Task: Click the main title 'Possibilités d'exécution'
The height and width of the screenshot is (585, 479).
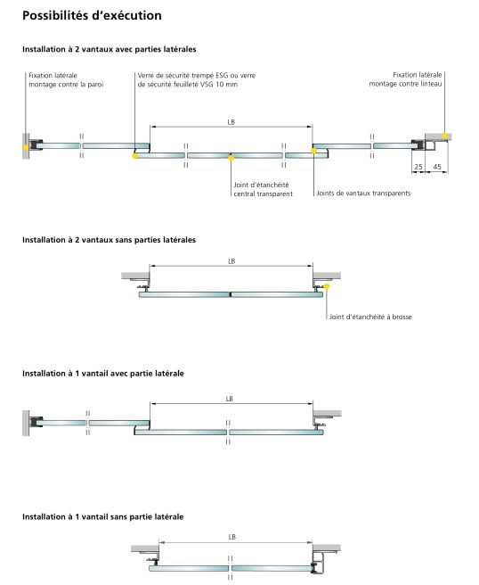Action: point(92,16)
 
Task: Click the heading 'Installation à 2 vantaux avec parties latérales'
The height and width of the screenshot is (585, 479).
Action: point(110,49)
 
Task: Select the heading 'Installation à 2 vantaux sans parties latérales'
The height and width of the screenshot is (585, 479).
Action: point(110,240)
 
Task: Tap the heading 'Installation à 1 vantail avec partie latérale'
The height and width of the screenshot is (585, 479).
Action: point(103,374)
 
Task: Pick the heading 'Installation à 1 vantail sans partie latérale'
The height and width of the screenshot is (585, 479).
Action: point(102,516)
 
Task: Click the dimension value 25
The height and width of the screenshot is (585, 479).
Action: point(418,167)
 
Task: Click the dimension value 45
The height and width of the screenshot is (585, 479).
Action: point(437,167)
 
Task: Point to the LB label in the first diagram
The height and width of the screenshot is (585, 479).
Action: point(231,122)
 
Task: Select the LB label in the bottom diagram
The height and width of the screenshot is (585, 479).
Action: point(231,537)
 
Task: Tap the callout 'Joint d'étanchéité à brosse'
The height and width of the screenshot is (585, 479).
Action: point(370,317)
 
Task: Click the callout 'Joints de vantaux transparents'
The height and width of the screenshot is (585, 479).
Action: point(363,194)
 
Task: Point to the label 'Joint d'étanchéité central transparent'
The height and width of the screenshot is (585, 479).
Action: point(263,189)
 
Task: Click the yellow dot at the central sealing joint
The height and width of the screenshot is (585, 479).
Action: point(231,158)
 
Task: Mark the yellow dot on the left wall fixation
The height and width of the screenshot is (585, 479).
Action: point(25,147)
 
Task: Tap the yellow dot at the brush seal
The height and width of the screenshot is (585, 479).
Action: point(327,286)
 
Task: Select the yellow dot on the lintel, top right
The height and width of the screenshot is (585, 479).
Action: point(444,136)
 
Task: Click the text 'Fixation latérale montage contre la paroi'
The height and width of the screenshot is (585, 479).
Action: point(66,80)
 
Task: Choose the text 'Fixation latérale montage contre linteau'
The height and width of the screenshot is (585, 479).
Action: point(405,79)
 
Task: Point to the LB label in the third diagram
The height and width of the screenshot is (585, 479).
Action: point(229,399)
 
